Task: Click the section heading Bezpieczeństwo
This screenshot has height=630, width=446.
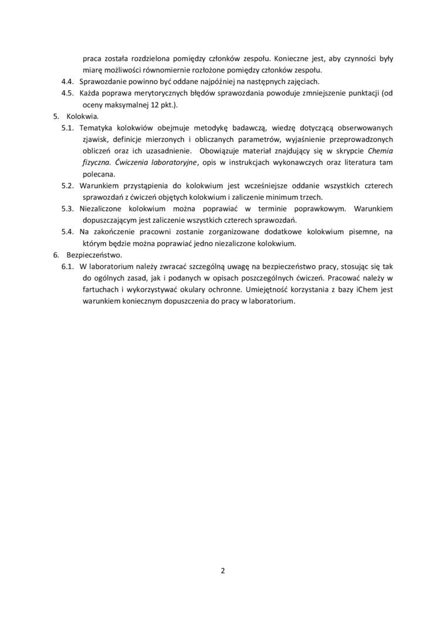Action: [94, 255]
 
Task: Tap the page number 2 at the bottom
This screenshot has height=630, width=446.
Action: [223, 570]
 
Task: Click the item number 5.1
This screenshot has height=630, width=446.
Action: [70, 128]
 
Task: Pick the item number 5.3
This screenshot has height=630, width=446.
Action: [70, 209]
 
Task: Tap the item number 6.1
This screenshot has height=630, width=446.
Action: [70, 267]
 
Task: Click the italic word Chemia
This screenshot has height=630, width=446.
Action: [380, 151]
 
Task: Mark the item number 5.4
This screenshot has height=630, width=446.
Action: [70, 232]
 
